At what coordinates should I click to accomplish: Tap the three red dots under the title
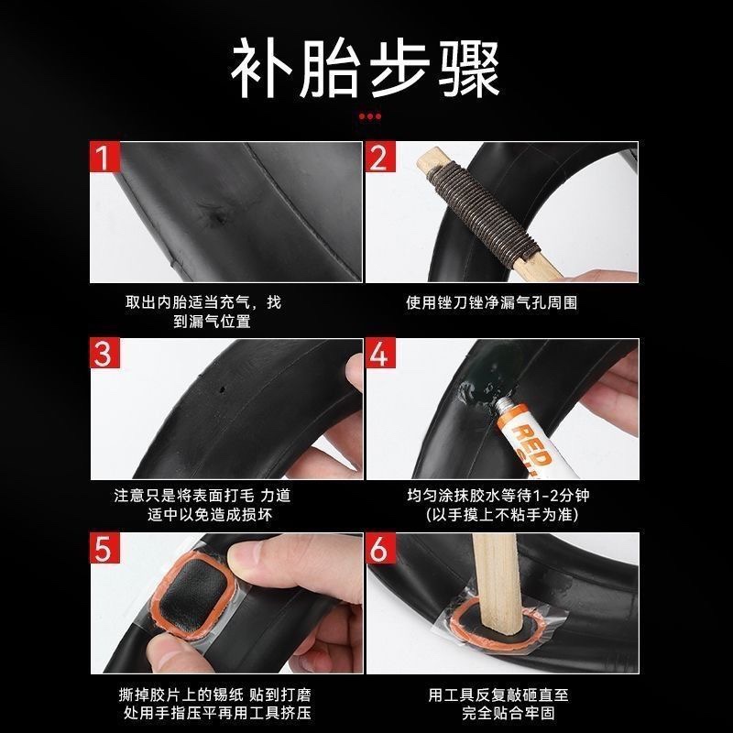(x=368, y=116)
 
